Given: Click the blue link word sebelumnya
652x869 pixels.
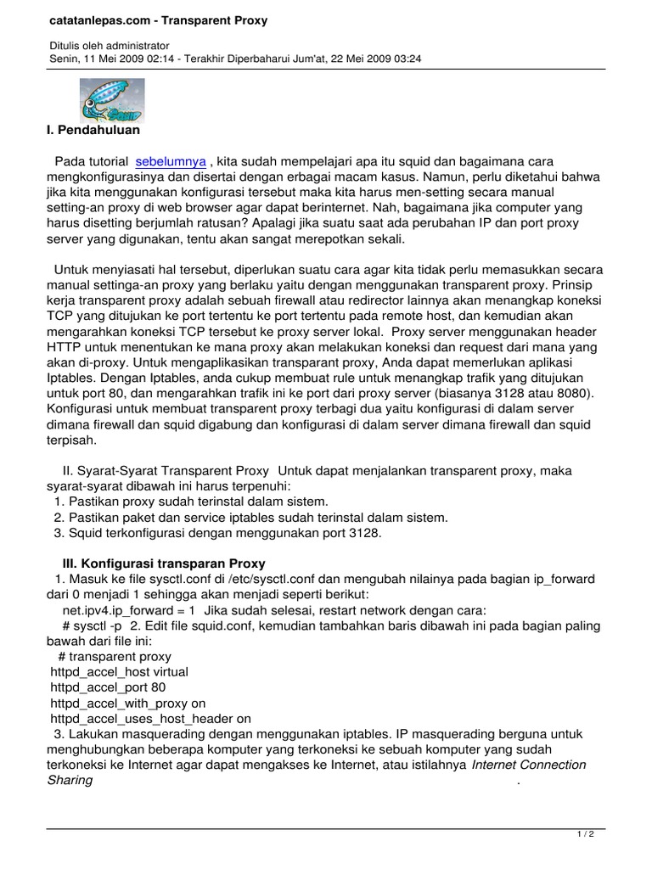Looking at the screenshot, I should click(171, 161).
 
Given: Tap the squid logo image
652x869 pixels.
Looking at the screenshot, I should click(112, 101).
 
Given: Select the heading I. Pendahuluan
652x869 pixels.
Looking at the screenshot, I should click(93, 131).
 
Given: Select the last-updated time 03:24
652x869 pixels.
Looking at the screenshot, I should click(407, 59).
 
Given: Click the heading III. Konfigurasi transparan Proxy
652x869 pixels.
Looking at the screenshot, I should click(164, 563).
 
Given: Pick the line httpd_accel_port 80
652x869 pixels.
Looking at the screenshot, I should click(108, 687).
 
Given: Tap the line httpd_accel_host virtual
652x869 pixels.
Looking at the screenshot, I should click(120, 672).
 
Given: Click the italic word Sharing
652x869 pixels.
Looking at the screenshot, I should click(70, 780).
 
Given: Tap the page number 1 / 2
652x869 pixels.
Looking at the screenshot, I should click(585, 834).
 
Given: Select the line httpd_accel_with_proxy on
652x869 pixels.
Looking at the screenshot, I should click(128, 703).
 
